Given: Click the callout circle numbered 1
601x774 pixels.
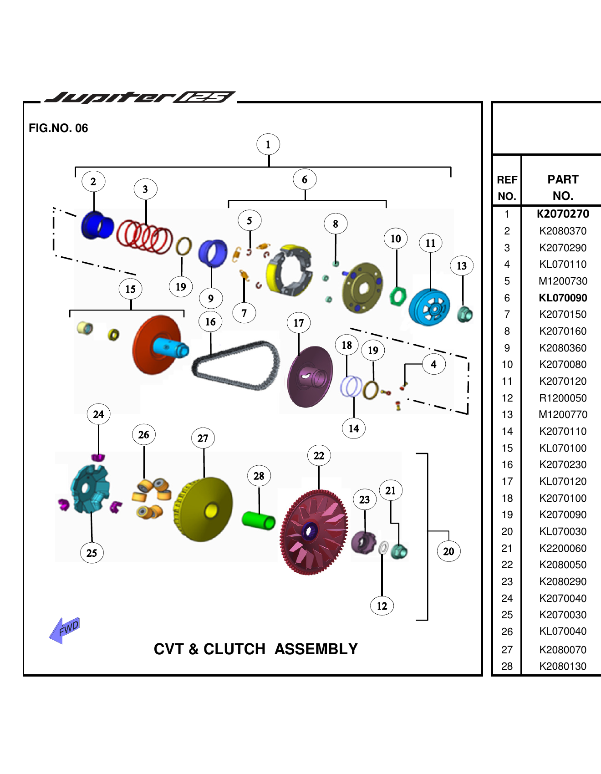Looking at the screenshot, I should point(268,145).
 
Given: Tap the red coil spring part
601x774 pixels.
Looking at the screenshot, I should point(144,236).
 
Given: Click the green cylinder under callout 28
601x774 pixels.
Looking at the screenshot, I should point(258,519).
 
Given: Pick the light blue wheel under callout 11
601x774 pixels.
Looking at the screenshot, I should point(429,308).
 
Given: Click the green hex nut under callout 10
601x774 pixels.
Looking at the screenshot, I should point(397,296).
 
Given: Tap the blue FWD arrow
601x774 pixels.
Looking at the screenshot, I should point(65,630).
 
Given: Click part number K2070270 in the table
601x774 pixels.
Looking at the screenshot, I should point(563,214).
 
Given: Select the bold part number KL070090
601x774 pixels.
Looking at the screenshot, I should point(563,298).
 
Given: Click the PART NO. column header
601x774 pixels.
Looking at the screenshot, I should point(563,187).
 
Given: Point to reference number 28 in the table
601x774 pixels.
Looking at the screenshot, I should point(507,666).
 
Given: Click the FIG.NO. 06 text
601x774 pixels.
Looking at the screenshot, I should point(58,128).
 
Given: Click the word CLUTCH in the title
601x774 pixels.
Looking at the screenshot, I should point(234,649).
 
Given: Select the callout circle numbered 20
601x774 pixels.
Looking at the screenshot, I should point(448,551).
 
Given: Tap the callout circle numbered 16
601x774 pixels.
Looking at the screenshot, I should point(210,322).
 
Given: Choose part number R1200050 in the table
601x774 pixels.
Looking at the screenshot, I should point(563,398).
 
